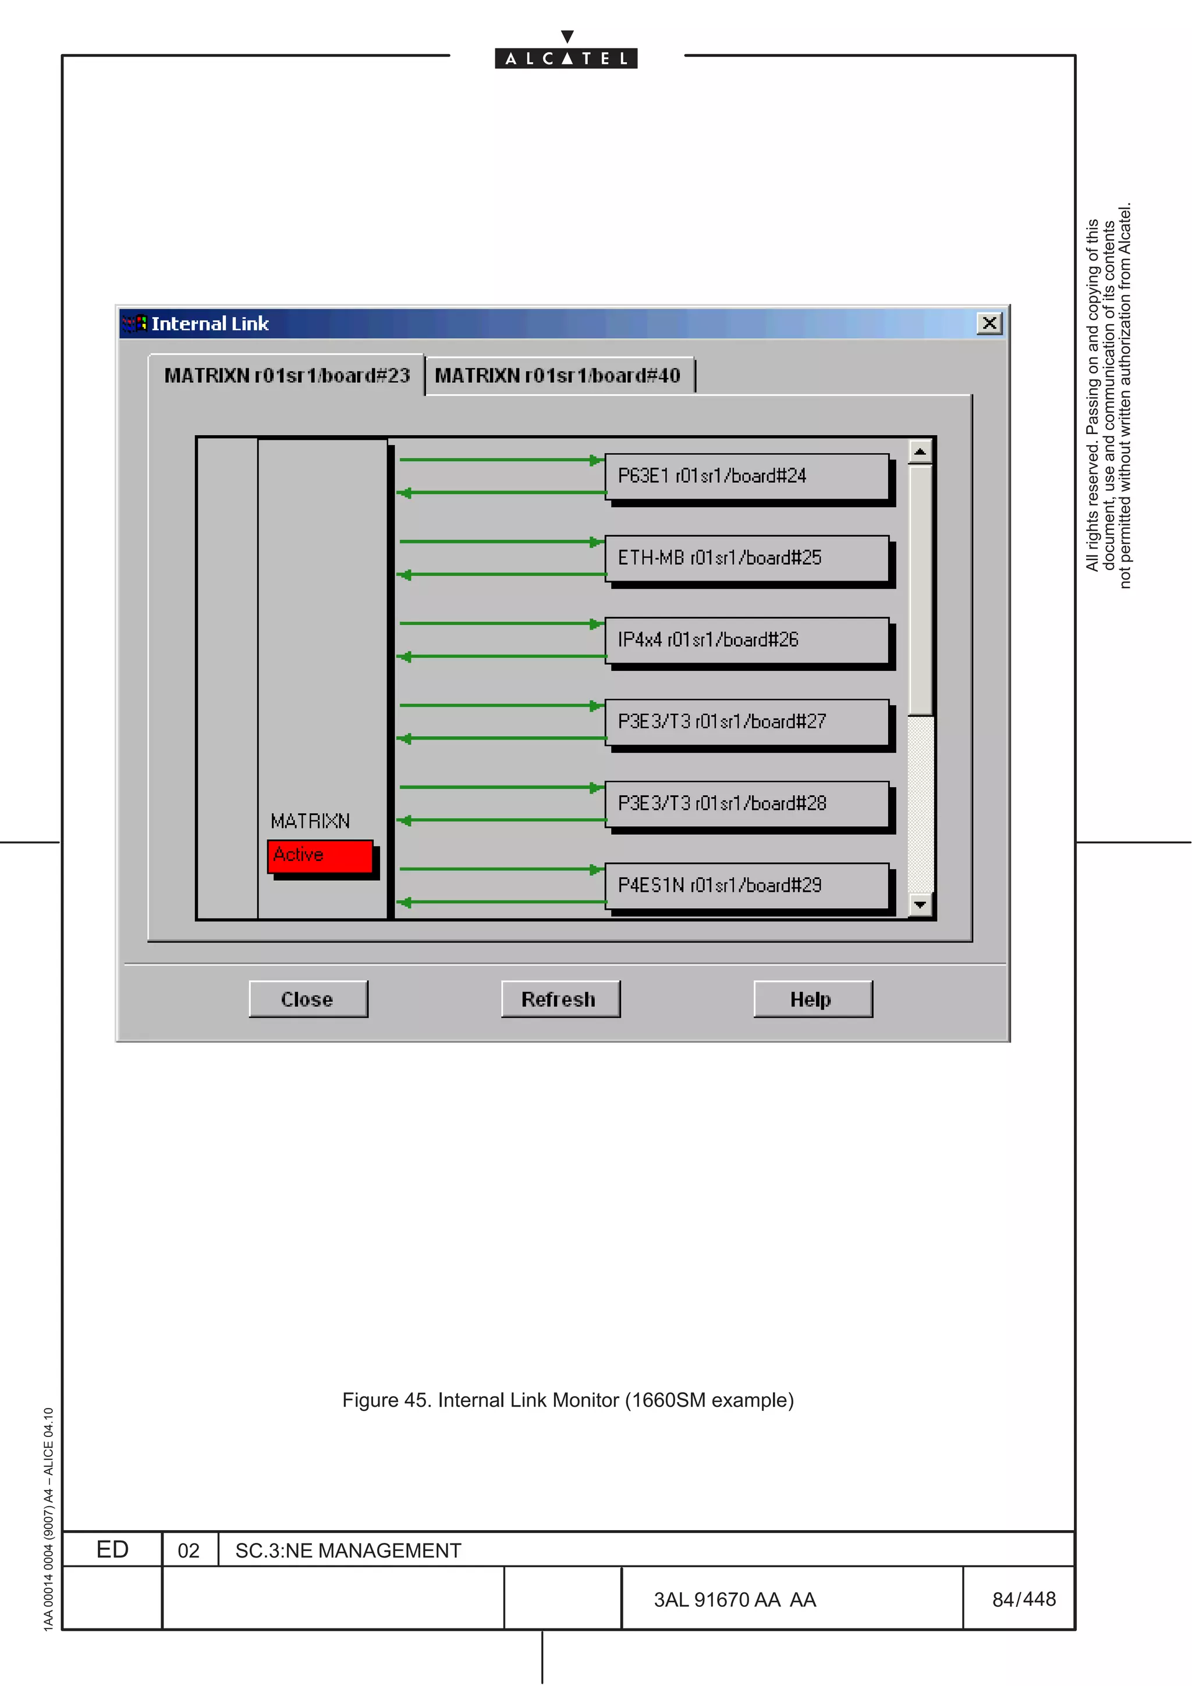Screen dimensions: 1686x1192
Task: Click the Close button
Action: [x=308, y=999]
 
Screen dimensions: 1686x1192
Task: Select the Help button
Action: [x=813, y=999]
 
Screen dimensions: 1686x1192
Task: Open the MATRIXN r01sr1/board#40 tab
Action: [x=558, y=376]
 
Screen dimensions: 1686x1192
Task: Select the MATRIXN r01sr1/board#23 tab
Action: [x=286, y=376]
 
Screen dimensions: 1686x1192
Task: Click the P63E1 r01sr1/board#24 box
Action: [x=746, y=476]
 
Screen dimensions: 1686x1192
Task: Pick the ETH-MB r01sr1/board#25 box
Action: [x=746, y=558]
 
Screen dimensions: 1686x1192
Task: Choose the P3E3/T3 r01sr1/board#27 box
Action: [x=746, y=722]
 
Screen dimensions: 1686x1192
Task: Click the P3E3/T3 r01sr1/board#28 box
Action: [x=746, y=803]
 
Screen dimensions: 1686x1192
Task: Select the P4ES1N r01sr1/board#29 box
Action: [x=746, y=885]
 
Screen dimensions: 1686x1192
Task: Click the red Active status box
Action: [x=320, y=855]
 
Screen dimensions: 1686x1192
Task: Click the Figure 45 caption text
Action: [x=567, y=1400]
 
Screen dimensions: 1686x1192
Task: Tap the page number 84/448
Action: [x=1024, y=1599]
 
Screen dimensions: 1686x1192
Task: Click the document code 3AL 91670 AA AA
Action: [x=735, y=1600]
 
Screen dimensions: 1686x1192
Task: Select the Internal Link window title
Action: [x=210, y=324]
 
